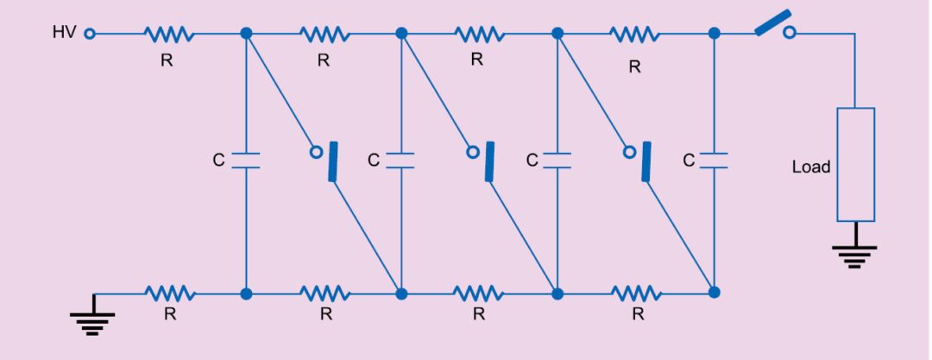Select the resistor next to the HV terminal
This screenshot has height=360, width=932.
tap(168, 34)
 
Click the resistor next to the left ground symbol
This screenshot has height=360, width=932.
tap(169, 294)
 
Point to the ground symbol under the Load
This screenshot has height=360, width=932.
tap(854, 253)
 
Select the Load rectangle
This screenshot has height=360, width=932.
tap(855, 164)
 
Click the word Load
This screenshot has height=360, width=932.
tap(810, 167)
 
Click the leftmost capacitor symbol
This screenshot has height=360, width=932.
tap(246, 161)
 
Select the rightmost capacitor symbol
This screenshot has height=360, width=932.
tap(714, 161)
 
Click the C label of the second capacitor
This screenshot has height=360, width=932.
tap(373, 161)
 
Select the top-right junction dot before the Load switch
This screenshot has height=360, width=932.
tap(714, 34)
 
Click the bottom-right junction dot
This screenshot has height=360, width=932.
tap(714, 294)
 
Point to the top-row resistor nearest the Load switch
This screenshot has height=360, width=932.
tap(635, 34)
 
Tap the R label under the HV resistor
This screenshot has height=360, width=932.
tap(168, 60)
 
